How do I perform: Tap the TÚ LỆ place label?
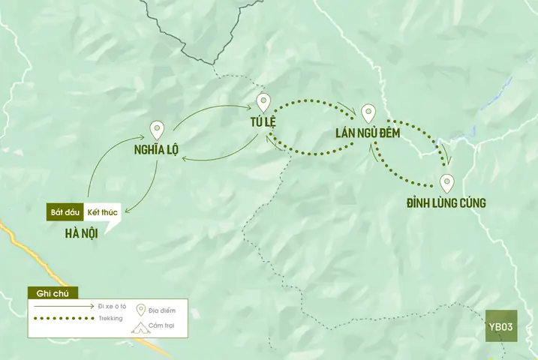[263, 123]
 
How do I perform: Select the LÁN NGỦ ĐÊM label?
[368, 134]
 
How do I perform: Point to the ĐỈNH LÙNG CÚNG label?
[446, 203]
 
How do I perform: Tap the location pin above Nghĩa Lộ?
[157, 130]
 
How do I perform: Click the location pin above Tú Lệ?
[263, 102]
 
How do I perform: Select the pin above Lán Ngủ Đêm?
[368, 113]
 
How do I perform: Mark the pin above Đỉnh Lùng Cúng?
[447, 182]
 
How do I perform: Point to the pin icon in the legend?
[140, 309]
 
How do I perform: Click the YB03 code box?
[500, 326]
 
